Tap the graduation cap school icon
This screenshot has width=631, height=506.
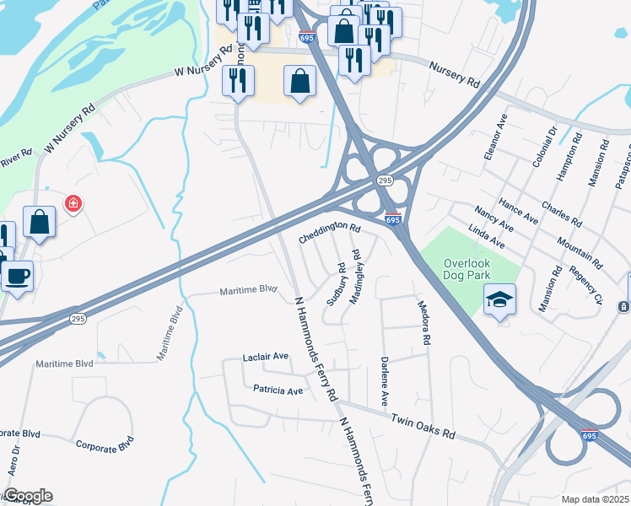click(x=499, y=299)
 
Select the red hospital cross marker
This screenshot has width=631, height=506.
click(x=74, y=203)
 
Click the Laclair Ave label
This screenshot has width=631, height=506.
click(x=266, y=357)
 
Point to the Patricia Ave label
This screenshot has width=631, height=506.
click(x=278, y=390)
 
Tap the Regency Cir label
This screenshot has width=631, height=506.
click(x=588, y=284)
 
